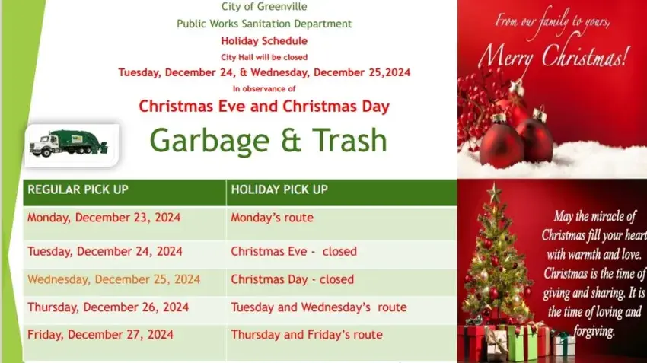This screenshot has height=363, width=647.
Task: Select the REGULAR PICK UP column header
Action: (78, 189)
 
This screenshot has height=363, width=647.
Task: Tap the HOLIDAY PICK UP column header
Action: (279, 189)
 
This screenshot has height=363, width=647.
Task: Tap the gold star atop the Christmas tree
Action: (494, 193)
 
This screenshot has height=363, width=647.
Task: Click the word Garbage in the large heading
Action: (209, 141)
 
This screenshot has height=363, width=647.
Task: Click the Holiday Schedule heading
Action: (264, 41)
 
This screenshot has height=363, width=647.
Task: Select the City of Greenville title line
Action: (264, 7)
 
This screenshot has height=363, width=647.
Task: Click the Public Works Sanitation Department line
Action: (264, 24)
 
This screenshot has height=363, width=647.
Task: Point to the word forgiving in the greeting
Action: (594, 331)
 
